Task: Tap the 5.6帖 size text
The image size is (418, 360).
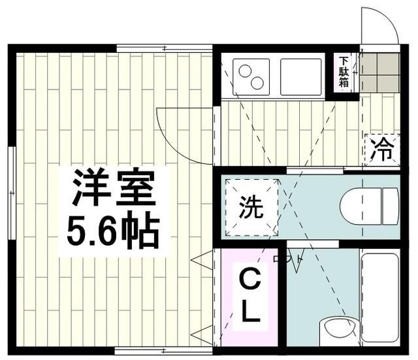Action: point(114,227)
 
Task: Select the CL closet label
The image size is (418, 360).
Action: point(249,297)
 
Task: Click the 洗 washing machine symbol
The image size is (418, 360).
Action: point(251,208)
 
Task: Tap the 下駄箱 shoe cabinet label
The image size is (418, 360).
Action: point(343,73)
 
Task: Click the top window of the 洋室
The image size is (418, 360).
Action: point(165,48)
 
